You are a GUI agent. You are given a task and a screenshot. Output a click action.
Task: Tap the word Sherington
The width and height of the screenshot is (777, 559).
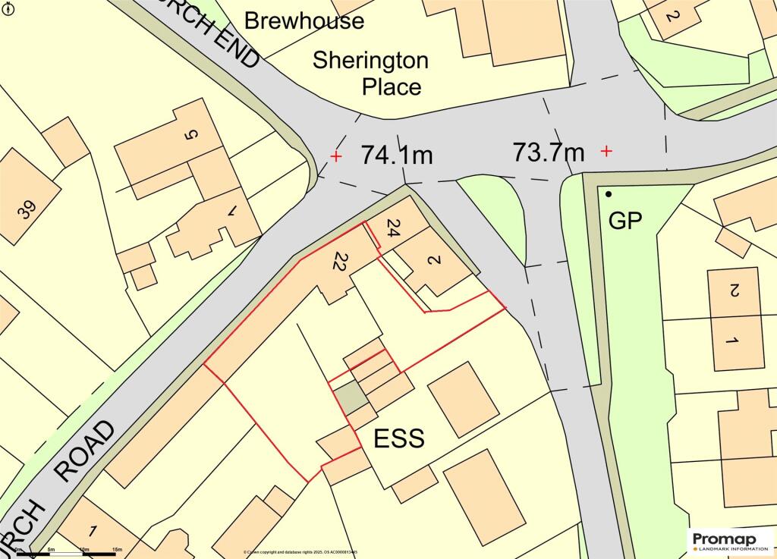371,60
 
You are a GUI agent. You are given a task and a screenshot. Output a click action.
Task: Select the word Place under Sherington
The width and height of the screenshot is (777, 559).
391,86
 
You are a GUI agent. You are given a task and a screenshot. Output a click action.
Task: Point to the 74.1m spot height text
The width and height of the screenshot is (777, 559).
396,155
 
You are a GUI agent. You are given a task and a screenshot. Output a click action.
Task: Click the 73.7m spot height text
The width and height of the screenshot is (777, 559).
549,152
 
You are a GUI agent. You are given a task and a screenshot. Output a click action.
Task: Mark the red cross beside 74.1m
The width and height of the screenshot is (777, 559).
336,157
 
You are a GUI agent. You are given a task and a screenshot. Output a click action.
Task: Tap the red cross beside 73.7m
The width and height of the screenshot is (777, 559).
606,152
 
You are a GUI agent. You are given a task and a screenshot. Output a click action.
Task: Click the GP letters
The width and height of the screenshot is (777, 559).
626,221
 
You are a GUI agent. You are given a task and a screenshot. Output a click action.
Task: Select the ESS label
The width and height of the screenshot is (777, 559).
398,438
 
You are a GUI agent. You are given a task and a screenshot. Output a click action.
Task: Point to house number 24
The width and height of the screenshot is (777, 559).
392,228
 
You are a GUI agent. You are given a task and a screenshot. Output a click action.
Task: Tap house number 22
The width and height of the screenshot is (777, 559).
338,262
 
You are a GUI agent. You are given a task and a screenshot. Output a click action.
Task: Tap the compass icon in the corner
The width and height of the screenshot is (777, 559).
7,8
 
